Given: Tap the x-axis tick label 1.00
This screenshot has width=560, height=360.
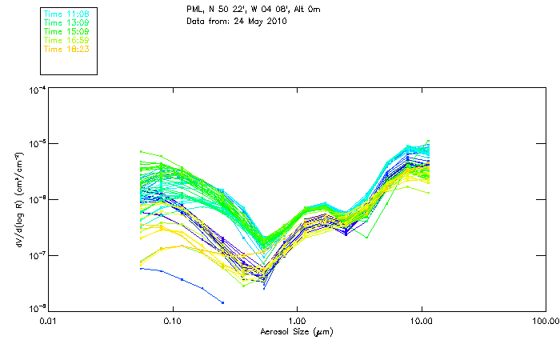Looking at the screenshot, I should [297, 321].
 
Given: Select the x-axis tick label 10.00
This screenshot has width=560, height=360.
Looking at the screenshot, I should [421, 321].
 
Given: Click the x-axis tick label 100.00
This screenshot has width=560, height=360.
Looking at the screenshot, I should [545, 321].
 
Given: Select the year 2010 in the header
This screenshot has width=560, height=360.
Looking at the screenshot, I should [274, 20].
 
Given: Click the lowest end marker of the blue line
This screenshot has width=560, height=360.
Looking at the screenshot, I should [222, 302].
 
